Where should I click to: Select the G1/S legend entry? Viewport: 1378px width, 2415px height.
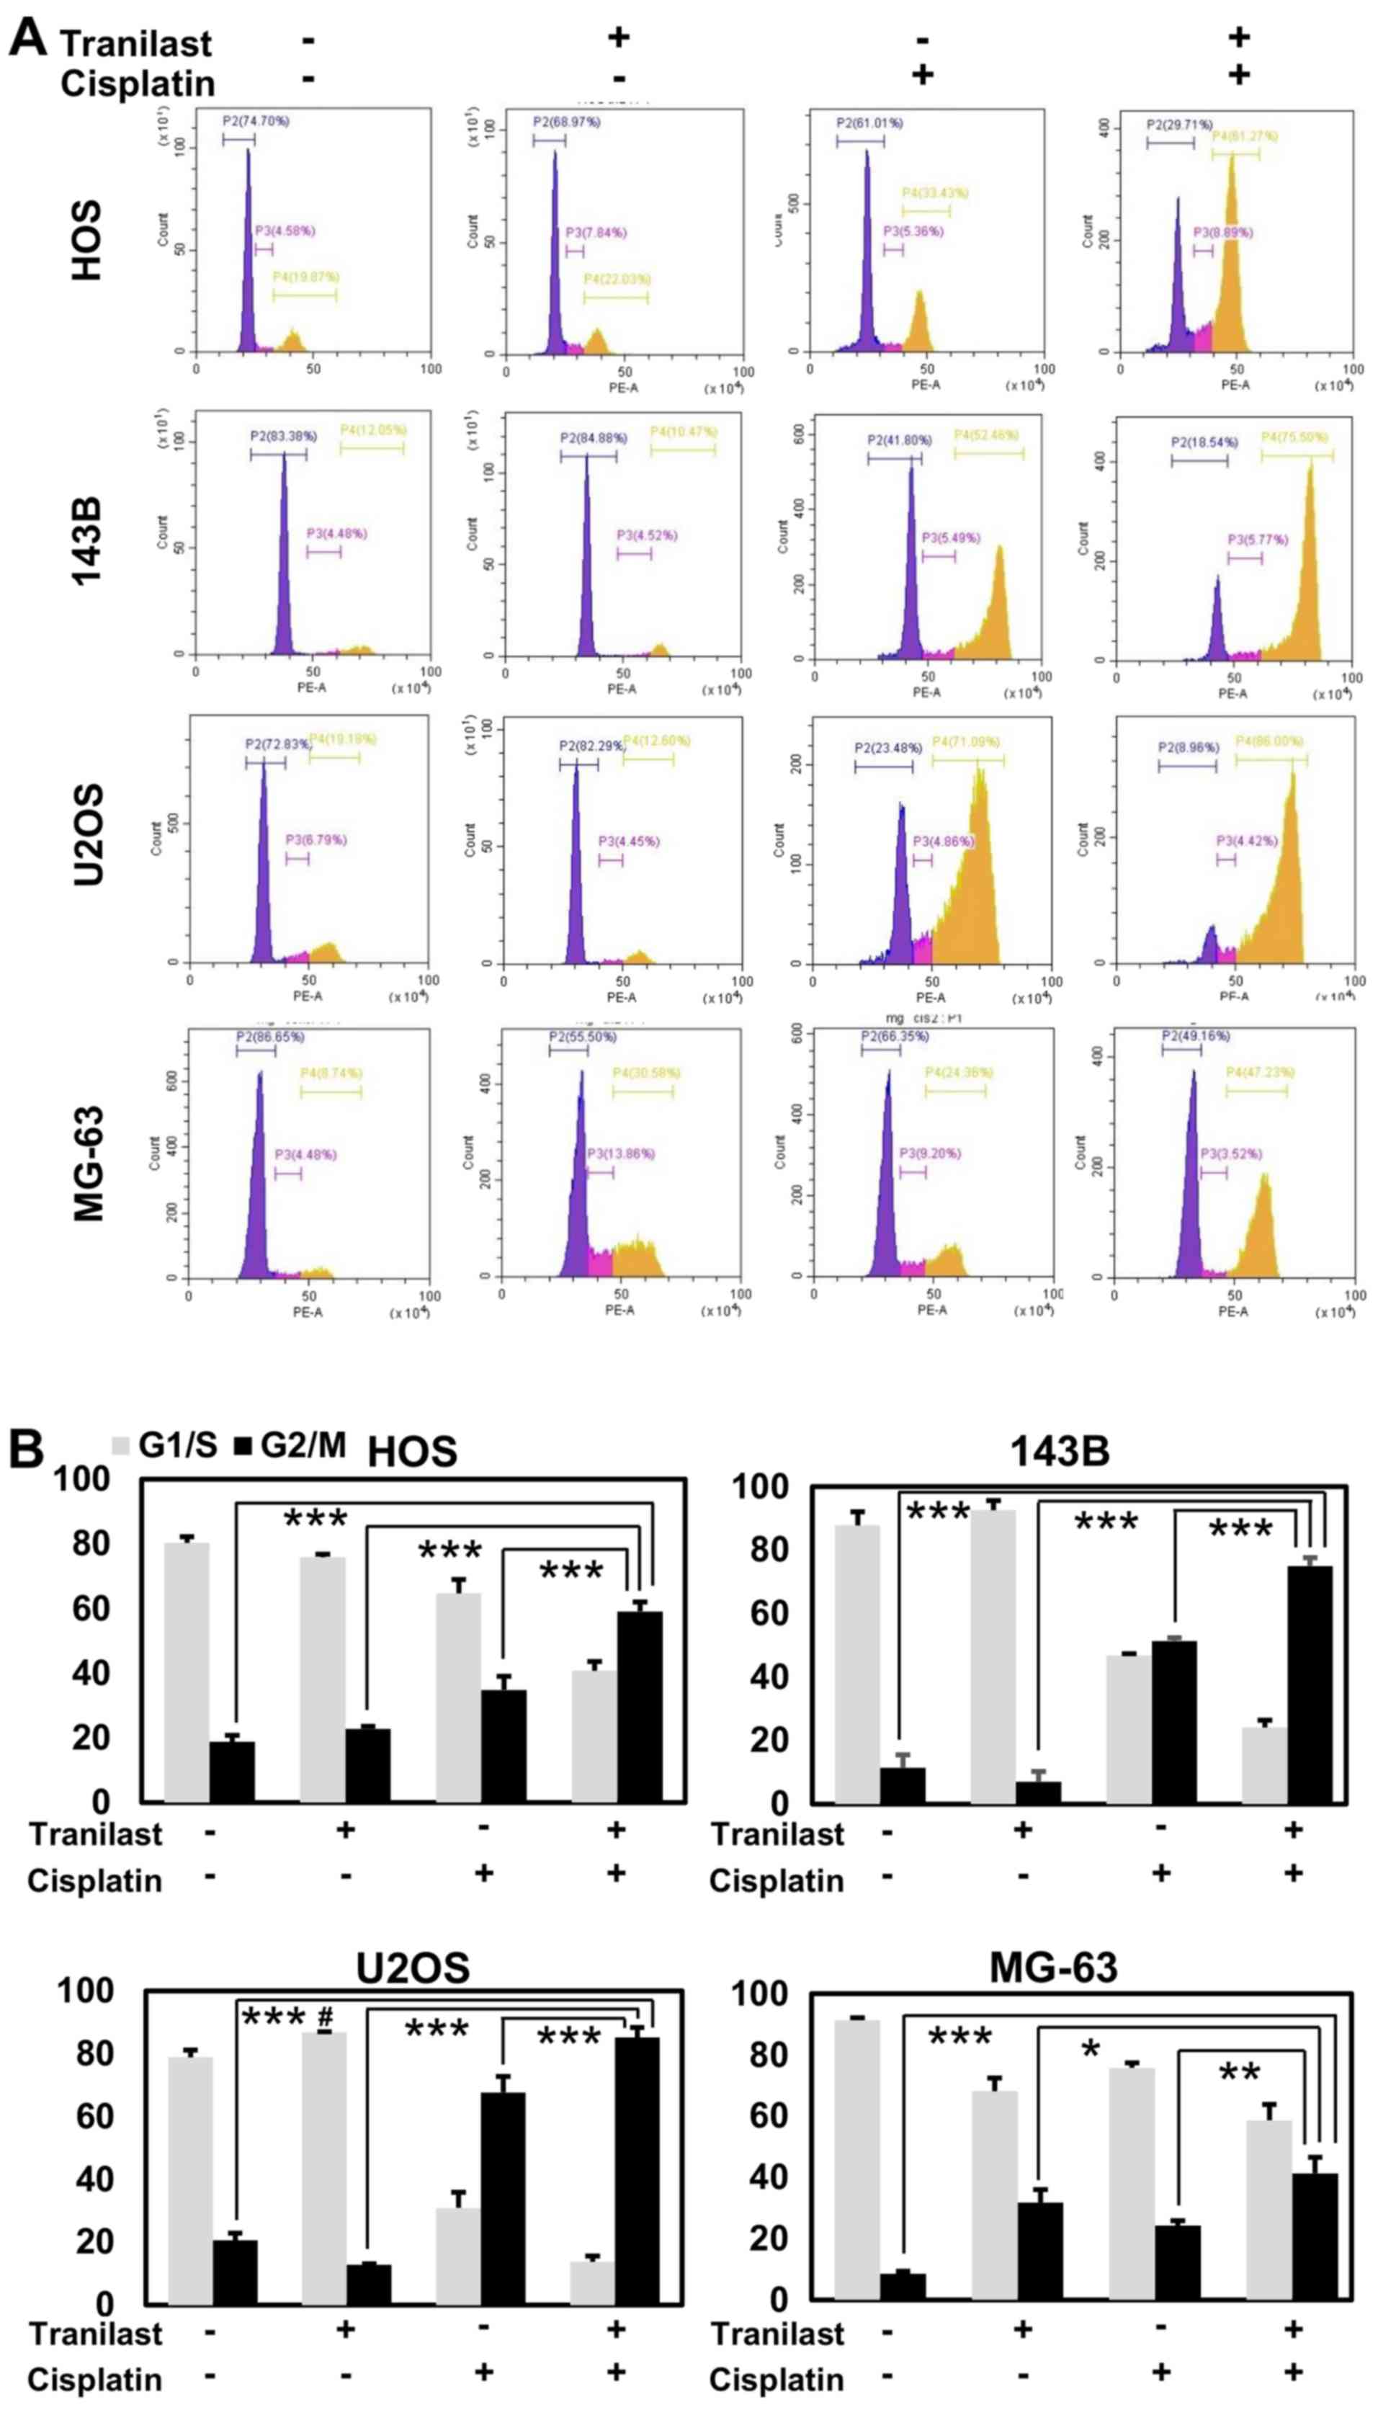(165, 1445)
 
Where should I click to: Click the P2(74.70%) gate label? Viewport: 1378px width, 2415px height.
(256, 121)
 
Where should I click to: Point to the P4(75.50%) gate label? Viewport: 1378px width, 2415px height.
(1294, 437)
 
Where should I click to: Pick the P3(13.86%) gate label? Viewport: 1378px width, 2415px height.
(621, 1153)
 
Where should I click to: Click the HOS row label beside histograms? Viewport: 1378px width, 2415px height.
(86, 241)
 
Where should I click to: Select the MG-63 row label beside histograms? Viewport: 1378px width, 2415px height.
(88, 1165)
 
